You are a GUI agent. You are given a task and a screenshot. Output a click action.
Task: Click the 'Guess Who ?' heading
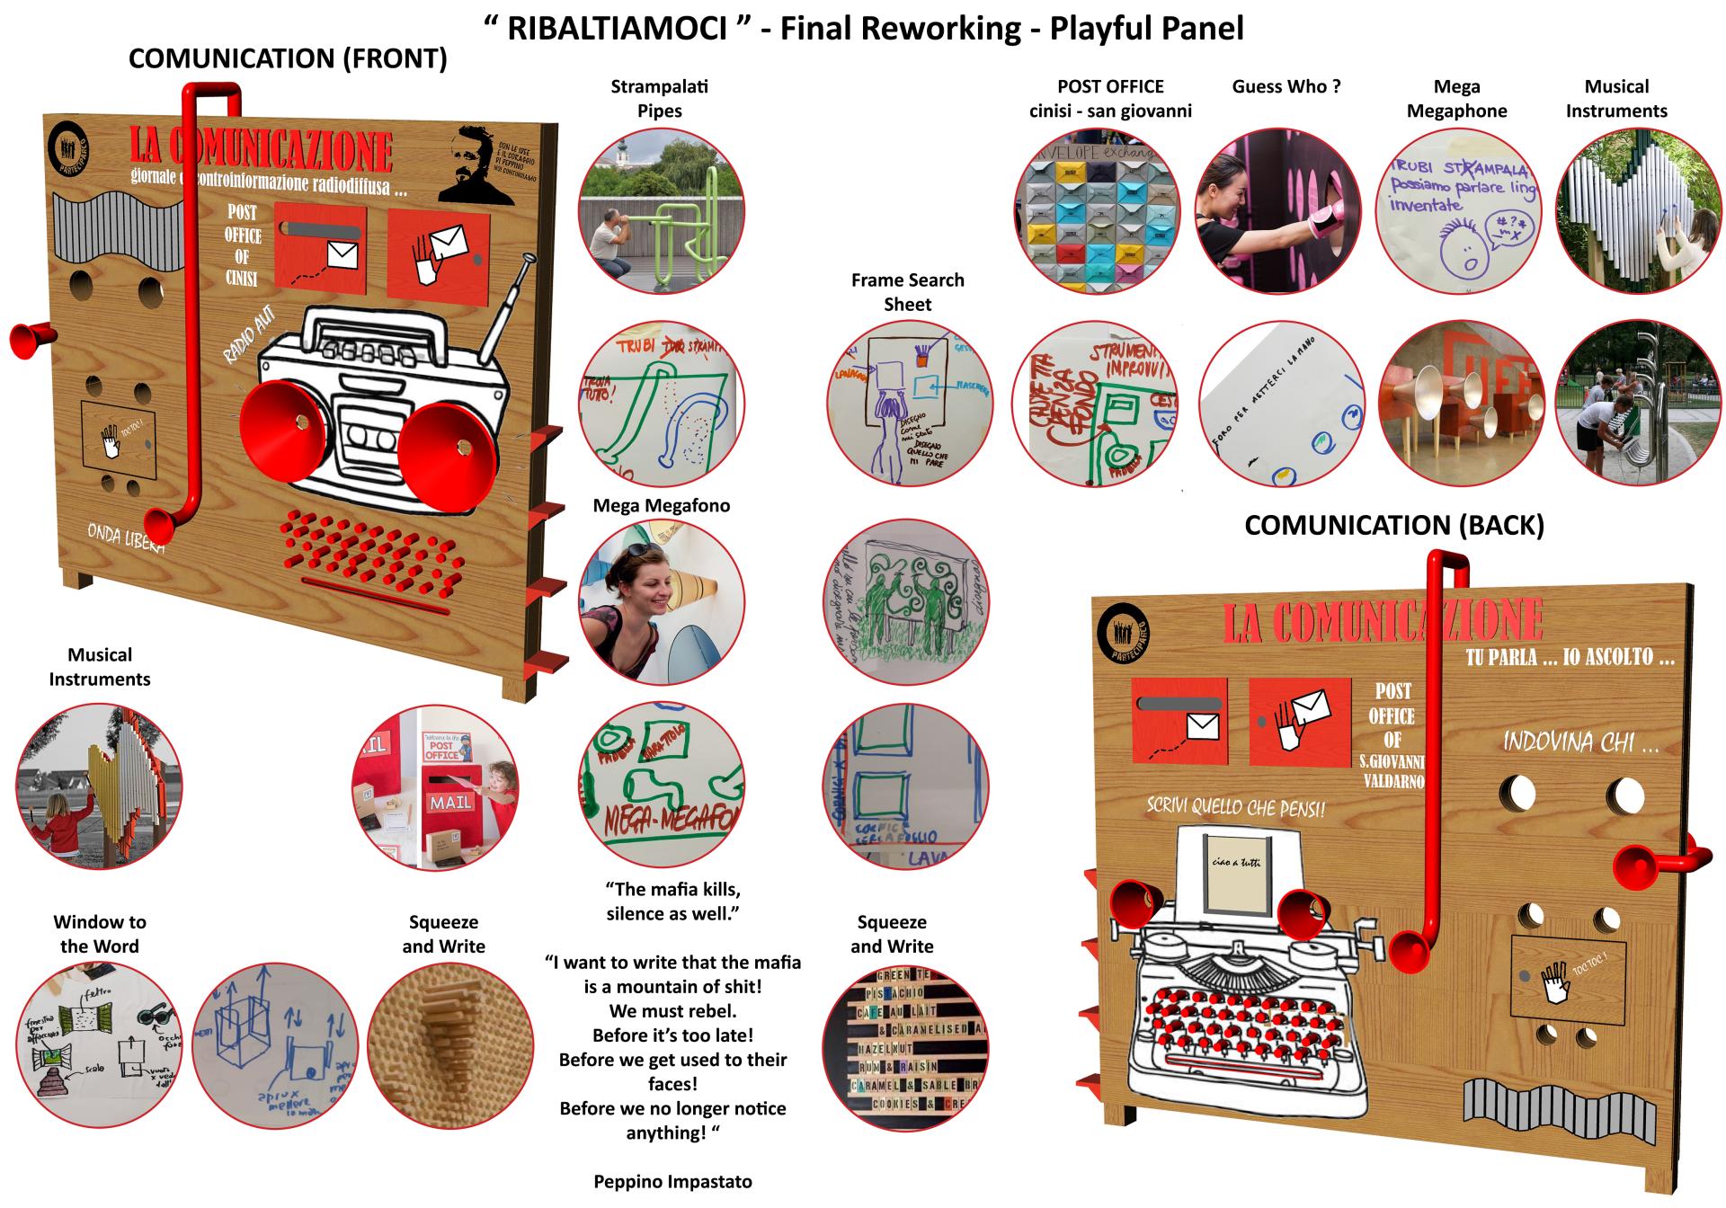pos(1286,87)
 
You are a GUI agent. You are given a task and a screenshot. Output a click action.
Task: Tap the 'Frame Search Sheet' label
pos(907,292)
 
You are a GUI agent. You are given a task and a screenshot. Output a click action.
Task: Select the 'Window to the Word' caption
pos(99,934)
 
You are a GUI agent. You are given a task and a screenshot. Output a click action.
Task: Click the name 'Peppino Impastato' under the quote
pos(672,1182)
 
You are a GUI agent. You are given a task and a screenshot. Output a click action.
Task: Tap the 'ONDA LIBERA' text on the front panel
pos(125,538)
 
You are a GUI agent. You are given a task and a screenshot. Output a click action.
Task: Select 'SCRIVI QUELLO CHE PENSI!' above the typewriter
pos(1235,805)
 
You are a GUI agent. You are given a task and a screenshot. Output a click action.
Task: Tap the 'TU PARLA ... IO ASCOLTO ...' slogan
pos(1570,658)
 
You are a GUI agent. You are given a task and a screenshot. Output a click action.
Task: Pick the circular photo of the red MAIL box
pos(434,787)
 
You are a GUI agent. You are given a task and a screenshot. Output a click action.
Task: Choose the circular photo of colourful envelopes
pos(1096,210)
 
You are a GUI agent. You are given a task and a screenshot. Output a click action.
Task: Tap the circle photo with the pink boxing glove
pos(1277,210)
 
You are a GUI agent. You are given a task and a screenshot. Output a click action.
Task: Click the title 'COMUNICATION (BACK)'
pos(1393,526)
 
